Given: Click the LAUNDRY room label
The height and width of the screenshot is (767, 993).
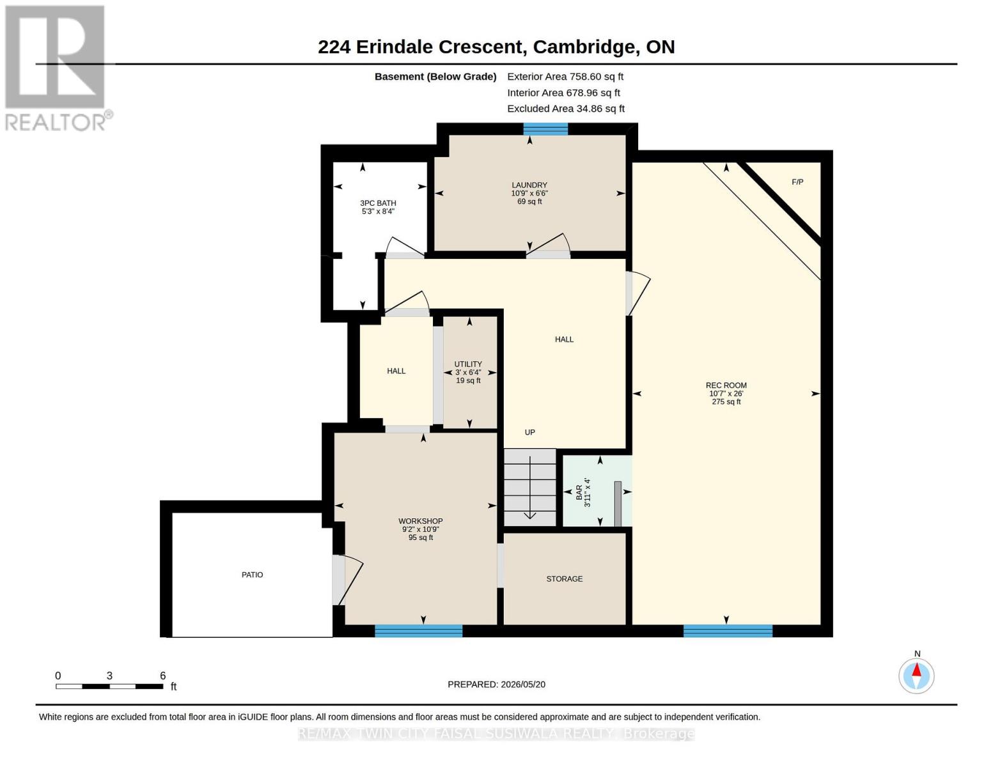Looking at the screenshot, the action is click(529, 185).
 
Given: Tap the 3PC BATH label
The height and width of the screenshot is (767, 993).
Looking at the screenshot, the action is click(378, 203).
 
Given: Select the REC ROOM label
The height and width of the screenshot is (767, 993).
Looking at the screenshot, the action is click(726, 385).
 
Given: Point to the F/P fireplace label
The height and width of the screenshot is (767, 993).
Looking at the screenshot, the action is click(797, 182).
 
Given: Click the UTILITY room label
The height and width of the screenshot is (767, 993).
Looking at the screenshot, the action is click(468, 364).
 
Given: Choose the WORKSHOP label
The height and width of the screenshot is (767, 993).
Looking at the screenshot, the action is click(421, 521).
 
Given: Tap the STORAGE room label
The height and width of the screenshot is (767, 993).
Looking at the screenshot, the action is click(565, 579).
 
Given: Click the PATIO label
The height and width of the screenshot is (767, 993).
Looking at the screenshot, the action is click(253, 575).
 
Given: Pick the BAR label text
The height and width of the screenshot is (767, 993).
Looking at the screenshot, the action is click(579, 492).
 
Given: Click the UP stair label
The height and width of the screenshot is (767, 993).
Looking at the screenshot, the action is click(529, 432).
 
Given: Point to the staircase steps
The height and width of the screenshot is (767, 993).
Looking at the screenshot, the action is click(529, 487).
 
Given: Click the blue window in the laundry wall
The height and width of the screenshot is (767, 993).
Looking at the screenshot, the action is click(545, 129).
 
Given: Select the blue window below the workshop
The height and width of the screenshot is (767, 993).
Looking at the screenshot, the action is click(419, 631).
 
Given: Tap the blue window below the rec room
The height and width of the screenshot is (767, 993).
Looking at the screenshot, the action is click(728, 631).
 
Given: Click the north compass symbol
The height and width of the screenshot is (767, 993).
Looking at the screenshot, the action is click(916, 676).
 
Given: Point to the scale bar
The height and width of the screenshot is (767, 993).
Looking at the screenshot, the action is click(110, 686).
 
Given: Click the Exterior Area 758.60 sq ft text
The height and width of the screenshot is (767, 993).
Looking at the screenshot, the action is click(565, 77).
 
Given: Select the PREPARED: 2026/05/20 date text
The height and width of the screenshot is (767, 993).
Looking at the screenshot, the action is click(496, 685).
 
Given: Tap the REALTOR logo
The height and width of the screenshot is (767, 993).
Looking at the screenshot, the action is click(57, 68).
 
